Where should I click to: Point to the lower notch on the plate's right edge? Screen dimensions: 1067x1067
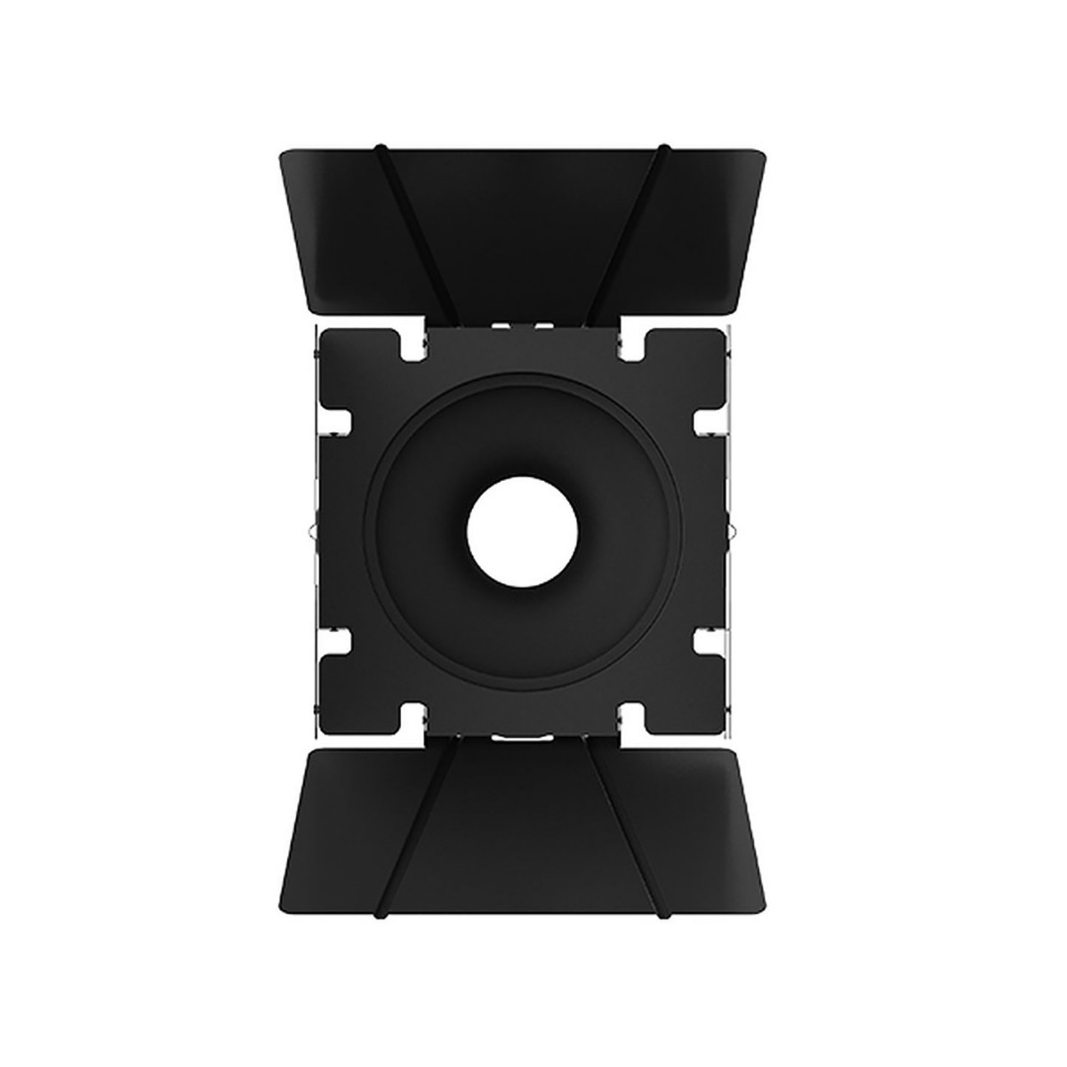coord(709,642)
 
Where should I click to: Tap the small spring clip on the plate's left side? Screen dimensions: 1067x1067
coord(309,532)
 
